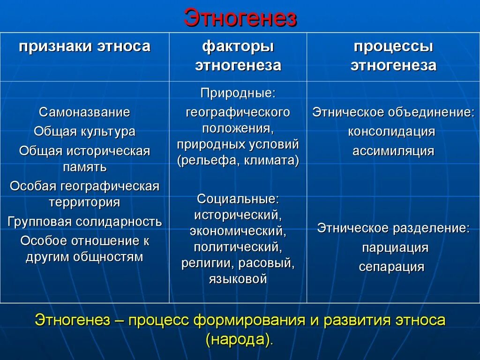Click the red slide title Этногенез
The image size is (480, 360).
point(240,18)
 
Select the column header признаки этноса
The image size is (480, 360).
point(84,47)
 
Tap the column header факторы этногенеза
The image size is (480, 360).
point(238,56)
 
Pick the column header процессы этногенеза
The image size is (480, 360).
point(393,56)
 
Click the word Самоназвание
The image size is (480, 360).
point(84,112)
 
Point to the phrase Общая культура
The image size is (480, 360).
point(84,132)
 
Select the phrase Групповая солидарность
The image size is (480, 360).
point(84,222)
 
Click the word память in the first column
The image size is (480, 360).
point(84,167)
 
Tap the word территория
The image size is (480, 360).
point(84,202)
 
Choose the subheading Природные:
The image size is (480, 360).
point(238,93)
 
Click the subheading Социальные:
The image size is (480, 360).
point(238,199)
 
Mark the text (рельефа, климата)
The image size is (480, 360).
point(238,161)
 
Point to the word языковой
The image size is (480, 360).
point(238,279)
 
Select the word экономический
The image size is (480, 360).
point(238,231)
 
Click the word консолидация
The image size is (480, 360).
point(391,132)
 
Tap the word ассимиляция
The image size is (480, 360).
point(393,151)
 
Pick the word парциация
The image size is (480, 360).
point(395,247)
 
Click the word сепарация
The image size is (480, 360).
point(391,267)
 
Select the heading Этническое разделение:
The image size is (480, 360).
point(393,228)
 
